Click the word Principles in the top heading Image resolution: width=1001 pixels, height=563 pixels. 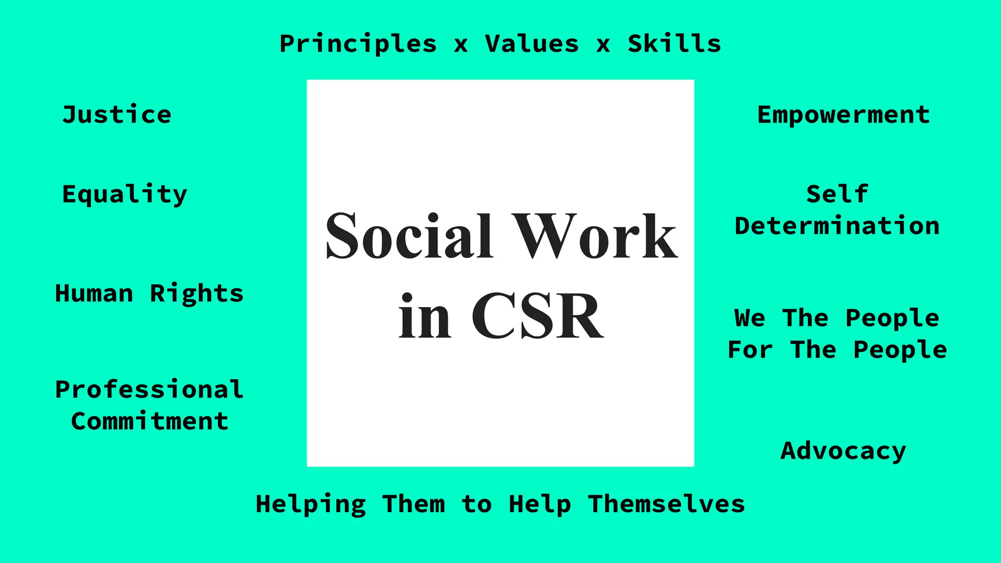point(358,44)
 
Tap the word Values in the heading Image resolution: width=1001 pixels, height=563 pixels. point(532,44)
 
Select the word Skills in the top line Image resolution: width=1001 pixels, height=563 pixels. point(674,44)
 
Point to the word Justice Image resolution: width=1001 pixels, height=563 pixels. point(117,115)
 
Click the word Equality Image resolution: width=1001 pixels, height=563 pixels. point(125,195)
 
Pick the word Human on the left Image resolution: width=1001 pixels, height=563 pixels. point(94,294)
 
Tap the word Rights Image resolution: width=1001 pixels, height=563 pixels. point(196,294)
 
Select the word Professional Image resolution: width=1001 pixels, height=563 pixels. point(149,390)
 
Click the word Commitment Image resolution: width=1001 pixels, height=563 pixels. point(150,421)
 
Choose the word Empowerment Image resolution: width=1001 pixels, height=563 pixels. point(843,115)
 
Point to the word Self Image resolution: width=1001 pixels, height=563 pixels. point(837,194)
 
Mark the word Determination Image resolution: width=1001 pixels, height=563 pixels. point(837,226)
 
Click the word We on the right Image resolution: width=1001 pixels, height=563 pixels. point(749,318)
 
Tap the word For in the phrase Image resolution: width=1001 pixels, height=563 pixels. point(750,350)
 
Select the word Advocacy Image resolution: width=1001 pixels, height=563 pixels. point(843,451)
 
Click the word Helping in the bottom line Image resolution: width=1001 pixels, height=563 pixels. point(311,504)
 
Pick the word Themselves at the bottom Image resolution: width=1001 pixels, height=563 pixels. point(666,504)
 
